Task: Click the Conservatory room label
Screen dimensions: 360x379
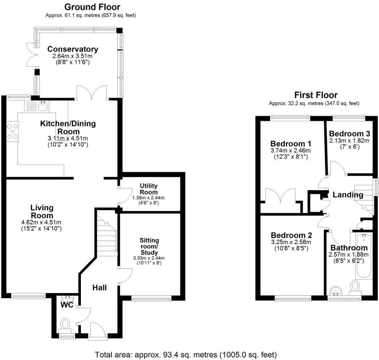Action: [72, 49]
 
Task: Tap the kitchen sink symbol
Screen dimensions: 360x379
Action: [43, 106]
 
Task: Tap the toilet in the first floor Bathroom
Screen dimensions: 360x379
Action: [355, 287]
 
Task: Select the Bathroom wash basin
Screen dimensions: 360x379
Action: [336, 291]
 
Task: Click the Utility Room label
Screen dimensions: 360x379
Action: [149, 189]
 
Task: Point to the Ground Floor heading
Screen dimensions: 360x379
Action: [92, 7]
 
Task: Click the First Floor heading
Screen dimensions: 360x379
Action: [316, 95]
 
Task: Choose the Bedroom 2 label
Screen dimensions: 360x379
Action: [291, 235]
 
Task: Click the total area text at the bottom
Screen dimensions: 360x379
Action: [186, 355]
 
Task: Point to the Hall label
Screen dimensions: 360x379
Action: [99, 288]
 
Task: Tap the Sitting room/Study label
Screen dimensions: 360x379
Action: [149, 246]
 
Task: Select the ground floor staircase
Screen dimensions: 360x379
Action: [106, 230]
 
